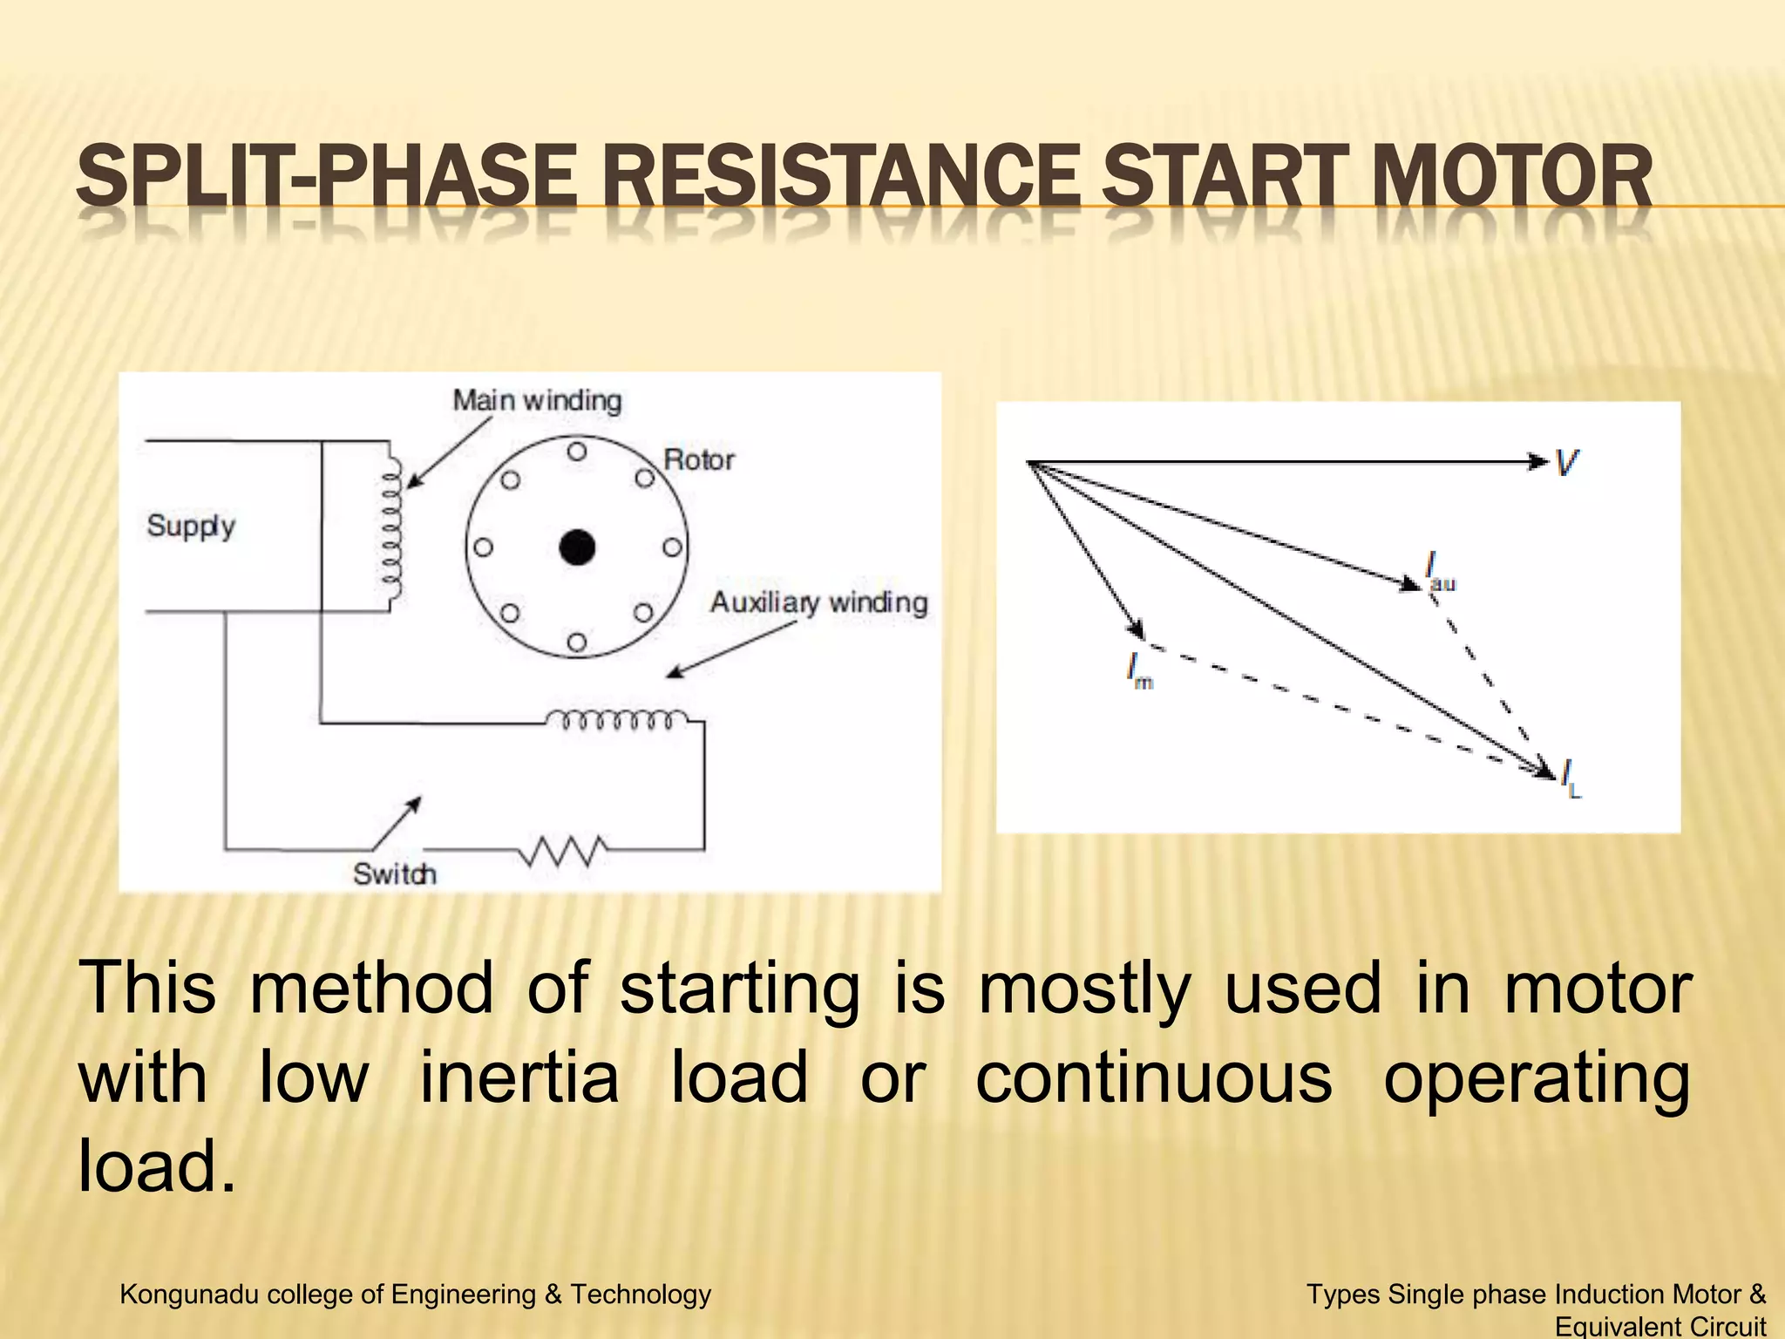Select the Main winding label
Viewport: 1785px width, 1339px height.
pos(537,401)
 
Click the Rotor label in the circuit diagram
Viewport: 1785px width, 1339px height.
pos(698,459)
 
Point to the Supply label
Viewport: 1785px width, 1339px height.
pos(191,526)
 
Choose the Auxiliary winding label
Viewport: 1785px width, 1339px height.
pos(818,602)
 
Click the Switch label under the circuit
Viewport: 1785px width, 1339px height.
pos(394,873)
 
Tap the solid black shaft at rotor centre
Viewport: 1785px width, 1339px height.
pos(577,547)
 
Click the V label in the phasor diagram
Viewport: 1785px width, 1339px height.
pos(1566,462)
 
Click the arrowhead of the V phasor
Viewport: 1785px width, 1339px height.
pos(1537,462)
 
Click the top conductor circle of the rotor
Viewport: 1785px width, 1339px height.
pos(577,452)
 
